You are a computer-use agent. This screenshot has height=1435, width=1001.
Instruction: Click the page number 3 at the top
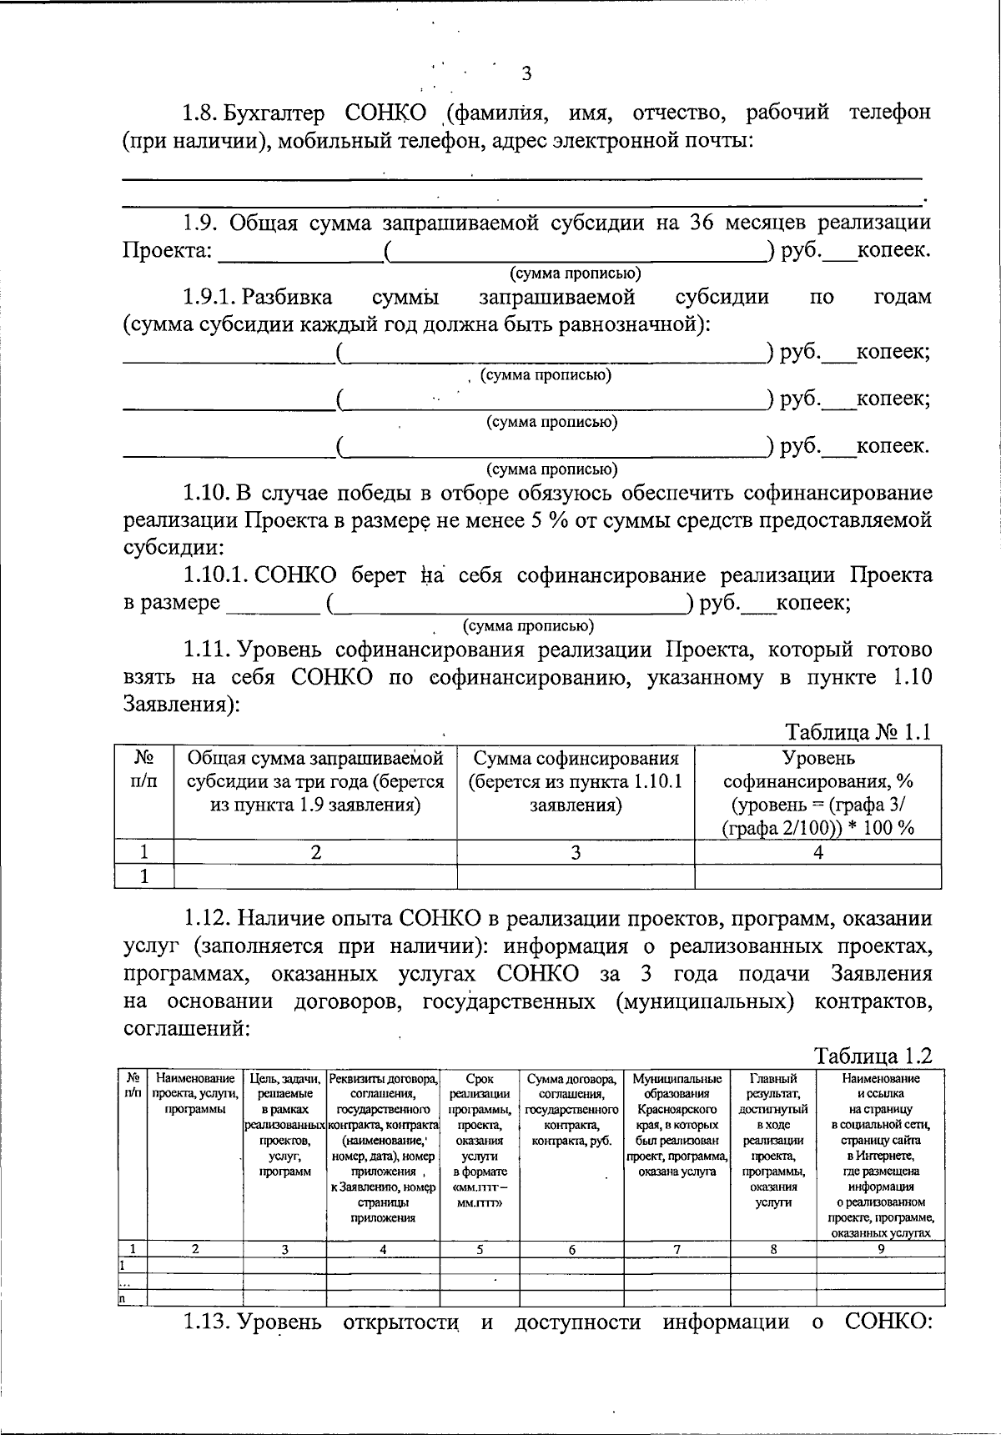pyautogui.click(x=526, y=73)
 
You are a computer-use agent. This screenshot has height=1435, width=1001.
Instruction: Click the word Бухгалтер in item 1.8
pyautogui.click(x=278, y=113)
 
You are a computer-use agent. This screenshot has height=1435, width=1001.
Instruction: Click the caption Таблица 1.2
pyautogui.click(x=873, y=1056)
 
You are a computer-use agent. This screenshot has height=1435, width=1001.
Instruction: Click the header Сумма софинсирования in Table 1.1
pyautogui.click(x=576, y=759)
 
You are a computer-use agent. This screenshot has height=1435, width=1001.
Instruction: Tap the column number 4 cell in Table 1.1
pyautogui.click(x=817, y=852)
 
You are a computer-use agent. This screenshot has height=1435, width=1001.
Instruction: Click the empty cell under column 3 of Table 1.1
pyautogui.click(x=576, y=876)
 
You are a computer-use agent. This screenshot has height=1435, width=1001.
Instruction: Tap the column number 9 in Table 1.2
pyautogui.click(x=880, y=1249)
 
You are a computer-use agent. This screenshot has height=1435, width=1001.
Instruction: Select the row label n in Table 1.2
pyautogui.click(x=122, y=1297)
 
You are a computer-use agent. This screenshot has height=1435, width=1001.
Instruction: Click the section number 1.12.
pyautogui.click(x=209, y=919)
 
